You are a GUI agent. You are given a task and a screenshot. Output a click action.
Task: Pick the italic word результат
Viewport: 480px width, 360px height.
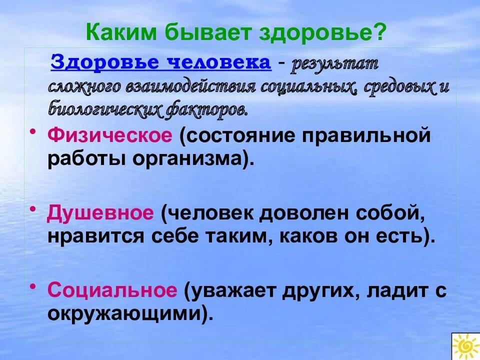coord(335,65)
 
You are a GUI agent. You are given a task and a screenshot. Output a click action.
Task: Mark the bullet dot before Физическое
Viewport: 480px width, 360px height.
coord(33,131)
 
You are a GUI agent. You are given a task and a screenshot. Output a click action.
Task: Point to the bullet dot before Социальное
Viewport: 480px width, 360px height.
coord(33,285)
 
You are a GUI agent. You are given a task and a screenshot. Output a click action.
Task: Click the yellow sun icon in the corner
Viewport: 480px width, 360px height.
coord(465,346)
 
